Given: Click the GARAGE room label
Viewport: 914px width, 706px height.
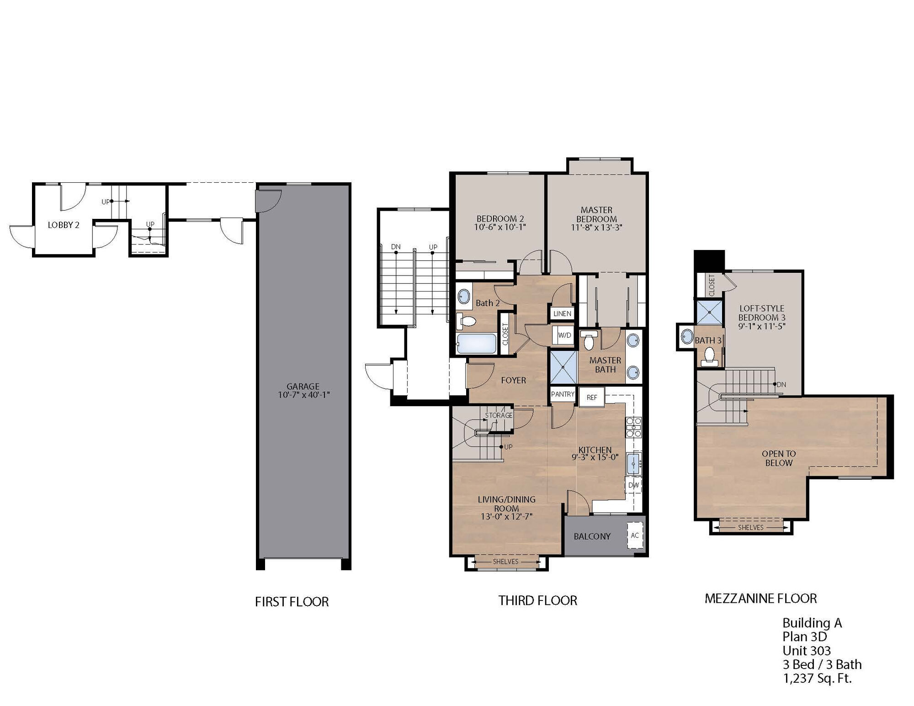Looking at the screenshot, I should [303, 387].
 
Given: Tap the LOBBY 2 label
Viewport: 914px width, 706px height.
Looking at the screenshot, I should [64, 225].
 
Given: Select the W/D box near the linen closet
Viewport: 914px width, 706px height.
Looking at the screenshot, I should [564, 335].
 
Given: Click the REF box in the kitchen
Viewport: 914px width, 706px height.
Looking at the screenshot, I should [592, 397].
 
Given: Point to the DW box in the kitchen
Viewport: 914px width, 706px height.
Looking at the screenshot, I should [633, 485].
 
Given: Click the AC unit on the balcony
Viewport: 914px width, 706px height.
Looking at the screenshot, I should [635, 535].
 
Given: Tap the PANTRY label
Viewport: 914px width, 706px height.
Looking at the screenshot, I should [562, 394].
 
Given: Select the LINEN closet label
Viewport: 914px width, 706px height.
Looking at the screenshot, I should [562, 313].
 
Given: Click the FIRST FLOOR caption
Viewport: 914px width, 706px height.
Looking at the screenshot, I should [292, 602].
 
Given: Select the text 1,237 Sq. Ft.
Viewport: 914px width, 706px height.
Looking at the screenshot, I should [817, 678].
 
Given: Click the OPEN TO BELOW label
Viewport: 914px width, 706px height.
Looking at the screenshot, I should [779, 458].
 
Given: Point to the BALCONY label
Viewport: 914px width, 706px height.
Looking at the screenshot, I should [592, 536].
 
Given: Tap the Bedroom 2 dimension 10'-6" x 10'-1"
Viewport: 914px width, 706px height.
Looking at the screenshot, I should [500, 227].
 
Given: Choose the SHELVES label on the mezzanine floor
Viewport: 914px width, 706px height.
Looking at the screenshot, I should [750, 527].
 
